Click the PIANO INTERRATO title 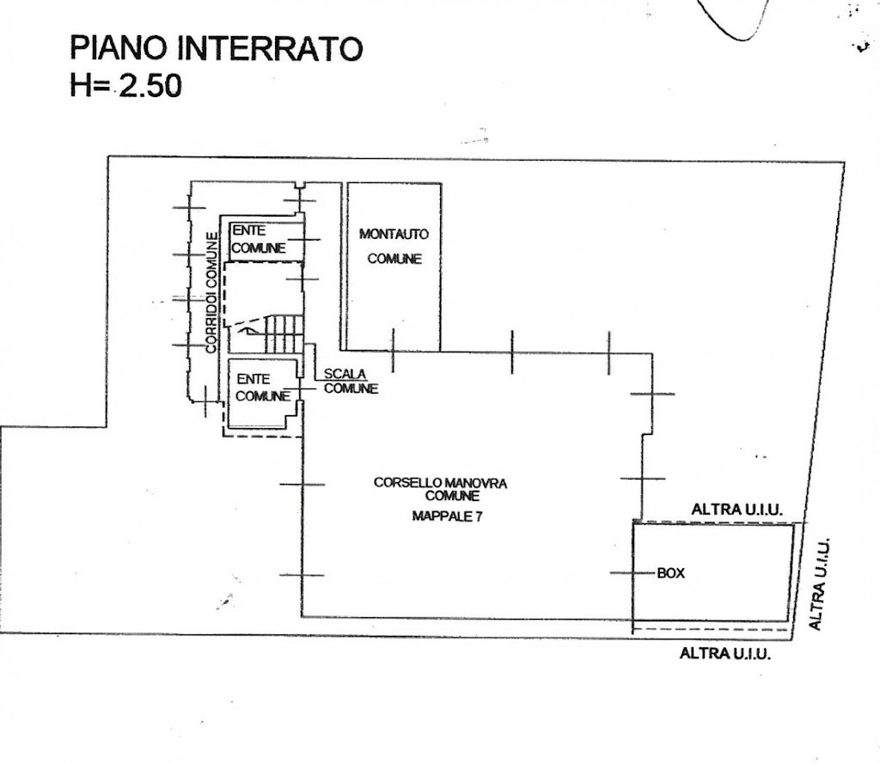pos(216,48)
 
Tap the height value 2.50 pos(150,86)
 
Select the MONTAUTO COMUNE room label pos(394,246)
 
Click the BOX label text pos(670,573)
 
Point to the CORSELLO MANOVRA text pos(441,483)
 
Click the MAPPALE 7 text pos(447,516)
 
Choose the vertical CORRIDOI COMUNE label pos(211,292)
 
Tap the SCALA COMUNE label pos(351,381)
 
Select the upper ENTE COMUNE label pos(259,239)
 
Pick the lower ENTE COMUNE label pos(263,388)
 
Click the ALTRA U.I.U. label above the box pos(736,510)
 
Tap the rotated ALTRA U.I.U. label pos(819,584)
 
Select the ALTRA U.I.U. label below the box pos(725,653)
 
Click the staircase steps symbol pos(284,334)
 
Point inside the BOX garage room pos(713,572)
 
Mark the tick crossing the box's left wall pos(633,573)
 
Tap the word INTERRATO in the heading pos(270,48)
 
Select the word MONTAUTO pos(394,234)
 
